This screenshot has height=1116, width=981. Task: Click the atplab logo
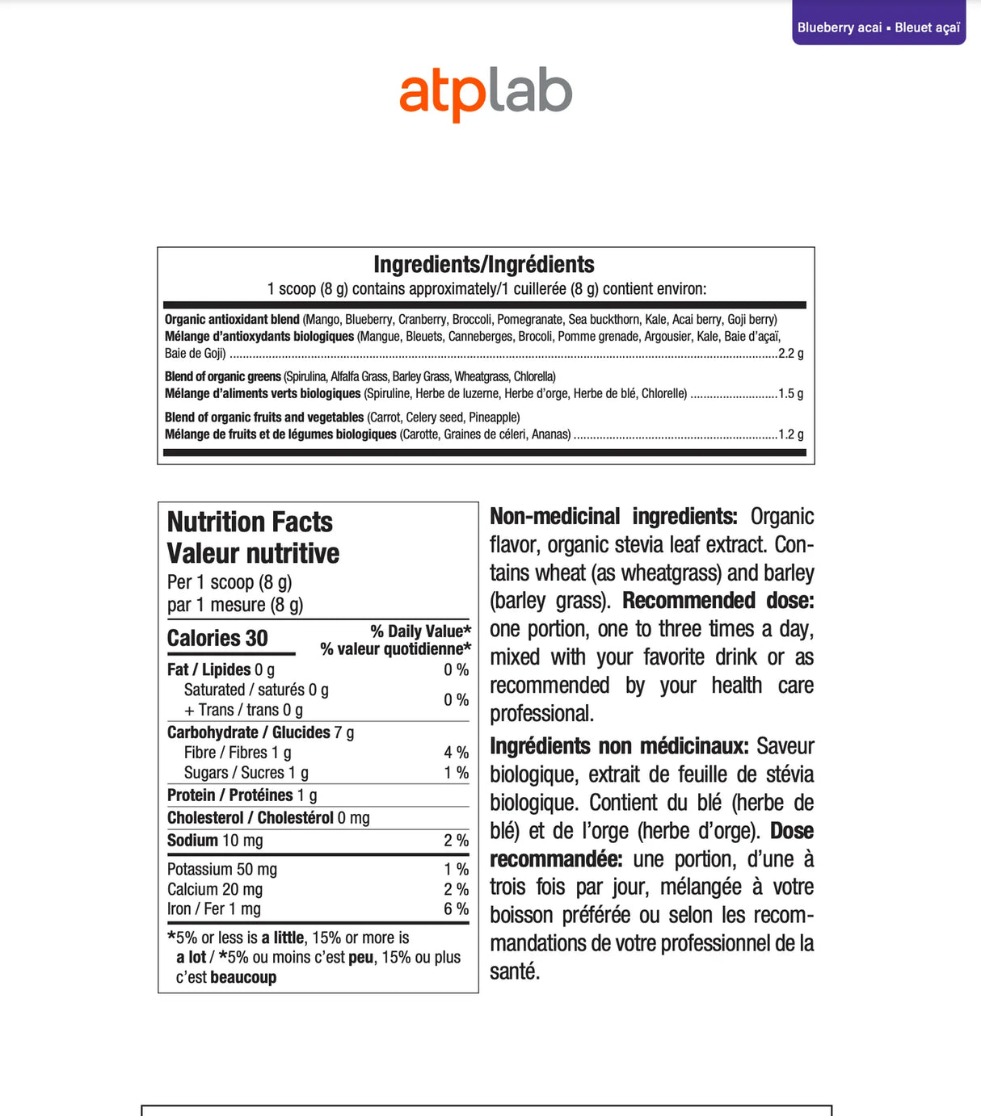486,93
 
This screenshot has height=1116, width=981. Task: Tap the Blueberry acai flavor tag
878,27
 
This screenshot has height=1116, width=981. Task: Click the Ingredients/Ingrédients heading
483,265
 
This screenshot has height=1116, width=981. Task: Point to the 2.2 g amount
790,354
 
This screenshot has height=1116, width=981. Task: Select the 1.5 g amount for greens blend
790,394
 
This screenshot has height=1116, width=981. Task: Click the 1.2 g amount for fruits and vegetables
790,434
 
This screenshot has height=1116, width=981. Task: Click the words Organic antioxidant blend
232,320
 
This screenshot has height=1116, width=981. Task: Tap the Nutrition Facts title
250,522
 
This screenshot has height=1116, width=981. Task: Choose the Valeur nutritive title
253,554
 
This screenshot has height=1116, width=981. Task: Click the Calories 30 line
217,639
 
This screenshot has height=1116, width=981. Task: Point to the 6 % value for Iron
456,909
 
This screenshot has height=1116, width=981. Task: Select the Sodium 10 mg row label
215,841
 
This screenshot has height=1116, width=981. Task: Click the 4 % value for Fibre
456,753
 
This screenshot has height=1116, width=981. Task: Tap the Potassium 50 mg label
222,870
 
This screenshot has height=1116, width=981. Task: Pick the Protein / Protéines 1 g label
242,795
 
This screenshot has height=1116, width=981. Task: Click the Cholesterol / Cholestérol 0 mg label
268,818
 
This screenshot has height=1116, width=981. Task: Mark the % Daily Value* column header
420,631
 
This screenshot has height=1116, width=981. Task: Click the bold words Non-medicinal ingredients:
613,517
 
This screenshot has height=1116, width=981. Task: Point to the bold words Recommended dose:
718,601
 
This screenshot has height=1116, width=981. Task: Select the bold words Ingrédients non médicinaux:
619,746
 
